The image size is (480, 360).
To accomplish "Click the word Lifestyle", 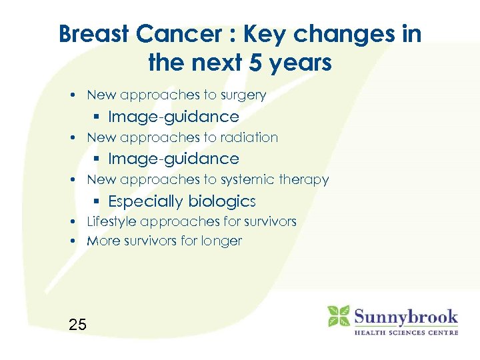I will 113,221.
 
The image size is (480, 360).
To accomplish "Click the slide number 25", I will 77,325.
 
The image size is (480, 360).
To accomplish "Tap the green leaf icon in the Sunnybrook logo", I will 338,316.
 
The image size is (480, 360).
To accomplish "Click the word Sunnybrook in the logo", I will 405,315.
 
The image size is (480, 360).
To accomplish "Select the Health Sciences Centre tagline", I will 405,332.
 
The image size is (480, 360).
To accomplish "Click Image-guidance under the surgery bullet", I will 173,117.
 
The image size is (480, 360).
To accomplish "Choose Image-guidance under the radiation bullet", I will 173,159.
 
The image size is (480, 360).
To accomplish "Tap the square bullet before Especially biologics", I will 97,201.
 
